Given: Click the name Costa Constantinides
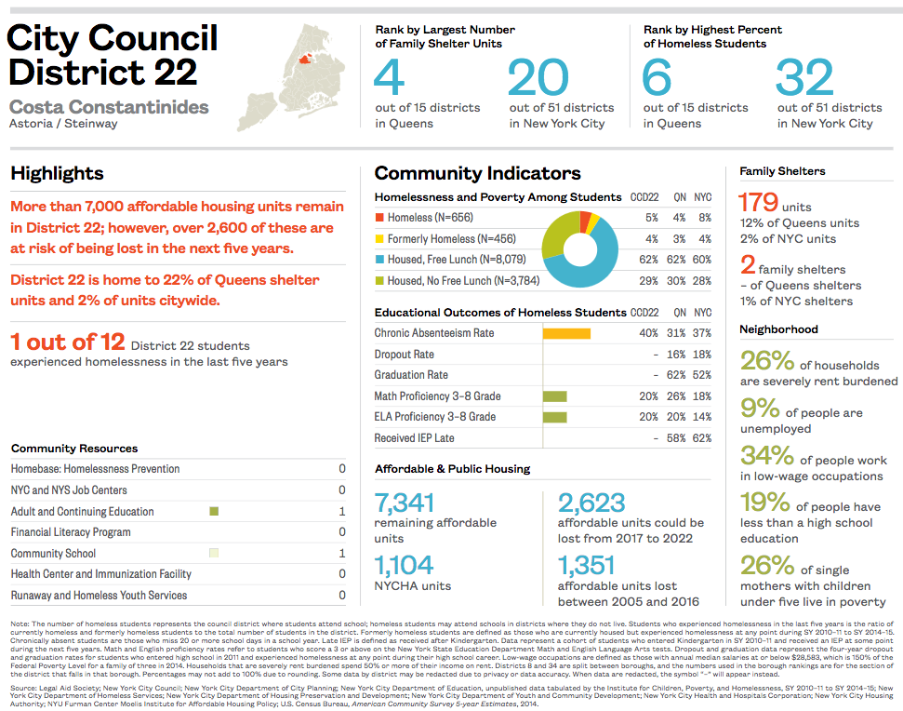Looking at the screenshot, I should click(109, 107).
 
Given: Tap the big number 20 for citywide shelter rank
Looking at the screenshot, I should click(538, 78).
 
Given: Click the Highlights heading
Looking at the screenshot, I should click(57, 174).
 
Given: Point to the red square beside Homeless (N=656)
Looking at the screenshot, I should click(378, 218).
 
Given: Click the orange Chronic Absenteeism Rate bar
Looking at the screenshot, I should click(565, 333).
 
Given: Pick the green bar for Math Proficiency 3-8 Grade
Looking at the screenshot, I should click(554, 396).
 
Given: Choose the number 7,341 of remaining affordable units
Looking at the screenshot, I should click(405, 503).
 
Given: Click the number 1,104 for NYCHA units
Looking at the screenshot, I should click(405, 565).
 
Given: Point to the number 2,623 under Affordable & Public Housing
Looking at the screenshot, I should click(591, 503).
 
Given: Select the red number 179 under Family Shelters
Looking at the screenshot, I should click(758, 202).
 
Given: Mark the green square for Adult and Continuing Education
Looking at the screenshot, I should click(214, 511).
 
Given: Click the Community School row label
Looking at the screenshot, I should click(53, 554).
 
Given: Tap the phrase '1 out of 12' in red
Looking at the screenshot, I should click(67, 342).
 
